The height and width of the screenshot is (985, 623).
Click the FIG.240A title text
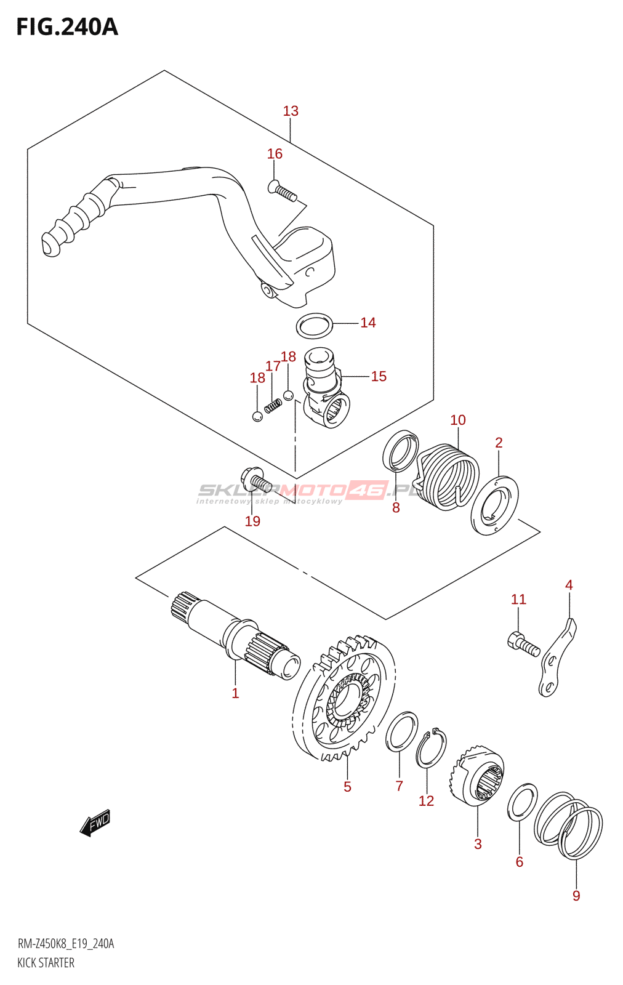(66, 27)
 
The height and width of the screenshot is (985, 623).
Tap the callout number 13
(291, 111)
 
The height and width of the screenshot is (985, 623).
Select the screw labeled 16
(283, 191)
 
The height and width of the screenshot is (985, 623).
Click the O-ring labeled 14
(315, 326)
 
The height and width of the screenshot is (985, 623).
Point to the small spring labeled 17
(273, 406)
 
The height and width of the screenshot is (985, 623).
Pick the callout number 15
(379, 376)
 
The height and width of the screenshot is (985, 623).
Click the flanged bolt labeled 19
(254, 478)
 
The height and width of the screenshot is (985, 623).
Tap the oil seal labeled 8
(401, 452)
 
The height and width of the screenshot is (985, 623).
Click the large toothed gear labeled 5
(345, 699)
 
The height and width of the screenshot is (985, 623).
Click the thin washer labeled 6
(522, 803)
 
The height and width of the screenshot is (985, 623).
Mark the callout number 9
(576, 896)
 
